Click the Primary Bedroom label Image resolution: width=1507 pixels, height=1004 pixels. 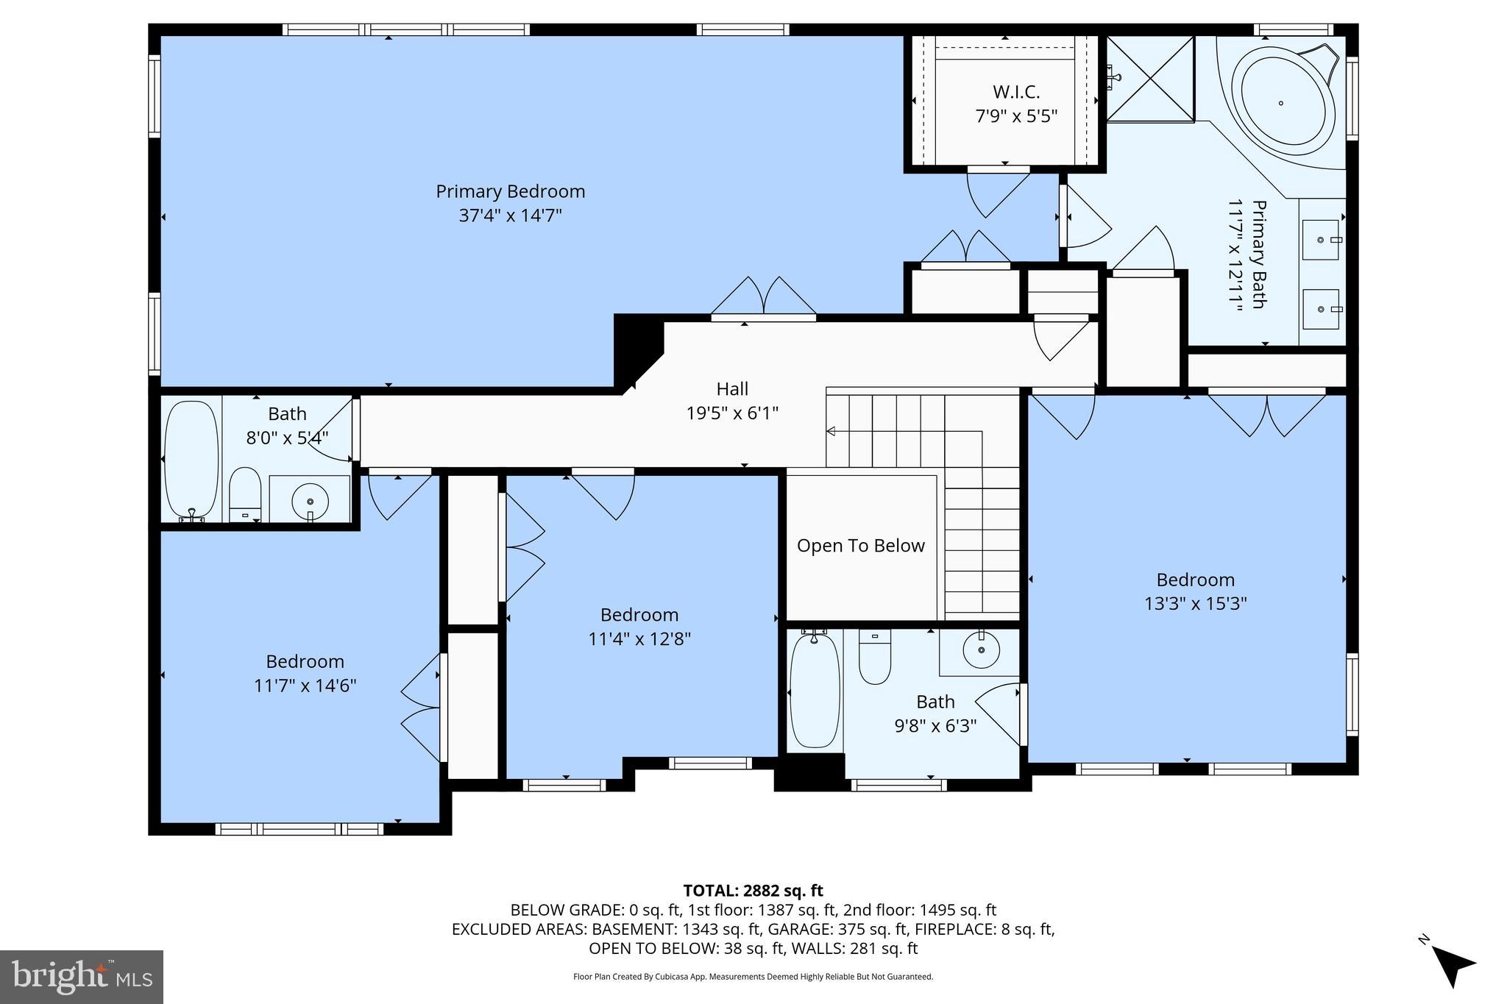point(510,192)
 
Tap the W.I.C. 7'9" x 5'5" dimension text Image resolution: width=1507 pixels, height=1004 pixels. point(1016,116)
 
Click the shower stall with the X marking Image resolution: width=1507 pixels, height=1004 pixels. point(1150,79)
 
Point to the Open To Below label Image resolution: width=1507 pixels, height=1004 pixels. point(860,546)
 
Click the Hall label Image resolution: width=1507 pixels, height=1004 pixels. point(732,389)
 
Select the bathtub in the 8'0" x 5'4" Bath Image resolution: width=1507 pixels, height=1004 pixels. point(191,460)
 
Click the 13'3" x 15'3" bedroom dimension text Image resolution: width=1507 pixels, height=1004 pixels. point(1195,604)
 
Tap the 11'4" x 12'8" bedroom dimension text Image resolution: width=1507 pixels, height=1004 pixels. point(639,639)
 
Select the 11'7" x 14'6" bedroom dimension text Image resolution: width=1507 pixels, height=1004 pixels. point(305,686)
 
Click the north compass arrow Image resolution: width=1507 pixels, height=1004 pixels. point(1450,969)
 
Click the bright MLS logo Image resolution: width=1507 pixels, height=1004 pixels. point(82,977)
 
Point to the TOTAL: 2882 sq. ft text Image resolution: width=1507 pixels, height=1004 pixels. point(753,891)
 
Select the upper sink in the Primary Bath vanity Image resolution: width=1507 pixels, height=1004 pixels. point(1321,240)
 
